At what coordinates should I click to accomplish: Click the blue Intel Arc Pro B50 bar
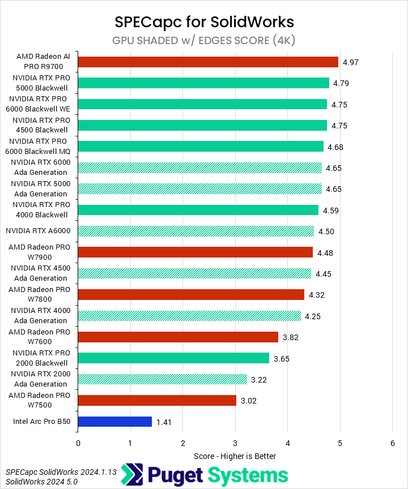(x=114, y=422)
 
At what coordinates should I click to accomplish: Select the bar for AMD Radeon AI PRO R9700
(x=207, y=62)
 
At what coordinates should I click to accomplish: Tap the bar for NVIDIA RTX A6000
(x=195, y=231)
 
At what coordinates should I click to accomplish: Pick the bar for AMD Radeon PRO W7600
(x=178, y=337)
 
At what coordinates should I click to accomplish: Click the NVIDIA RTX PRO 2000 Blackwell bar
(x=173, y=358)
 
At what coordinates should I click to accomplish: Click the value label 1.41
(x=163, y=422)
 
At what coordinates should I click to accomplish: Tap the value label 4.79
(x=341, y=83)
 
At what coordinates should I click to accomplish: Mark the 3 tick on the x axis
(x=235, y=443)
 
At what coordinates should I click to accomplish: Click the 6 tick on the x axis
(x=392, y=443)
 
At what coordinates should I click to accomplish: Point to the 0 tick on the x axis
(x=78, y=443)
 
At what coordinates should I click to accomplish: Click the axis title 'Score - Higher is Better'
(x=235, y=456)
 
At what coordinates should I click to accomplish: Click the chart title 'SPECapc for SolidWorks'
(x=204, y=22)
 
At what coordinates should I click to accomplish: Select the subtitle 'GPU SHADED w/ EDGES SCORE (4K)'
(x=204, y=40)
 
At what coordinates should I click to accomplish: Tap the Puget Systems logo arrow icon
(x=134, y=474)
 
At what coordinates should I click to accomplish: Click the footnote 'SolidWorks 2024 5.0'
(x=41, y=482)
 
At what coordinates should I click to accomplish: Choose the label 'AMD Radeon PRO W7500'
(x=39, y=400)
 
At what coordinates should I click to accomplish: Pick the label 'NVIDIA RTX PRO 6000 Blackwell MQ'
(x=39, y=146)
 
